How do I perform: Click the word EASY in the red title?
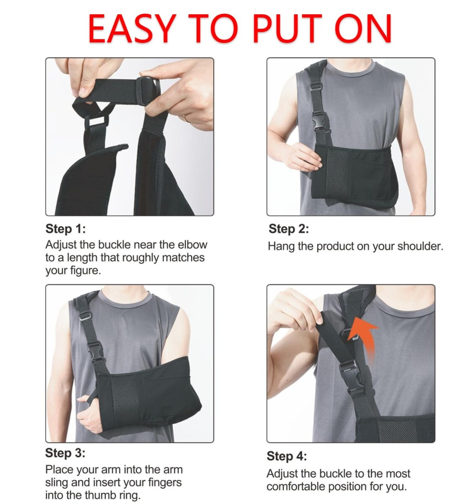tap(132, 28)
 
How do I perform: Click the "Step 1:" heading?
tap(66, 229)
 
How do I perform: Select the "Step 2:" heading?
tap(289, 229)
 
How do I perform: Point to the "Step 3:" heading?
tap(65, 453)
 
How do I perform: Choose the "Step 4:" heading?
tap(286, 456)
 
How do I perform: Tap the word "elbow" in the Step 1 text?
tap(192, 245)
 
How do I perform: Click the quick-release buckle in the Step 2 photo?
tap(320, 122)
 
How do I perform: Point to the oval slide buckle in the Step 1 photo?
tap(149, 91)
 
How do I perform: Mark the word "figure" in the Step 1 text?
tap(84, 271)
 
